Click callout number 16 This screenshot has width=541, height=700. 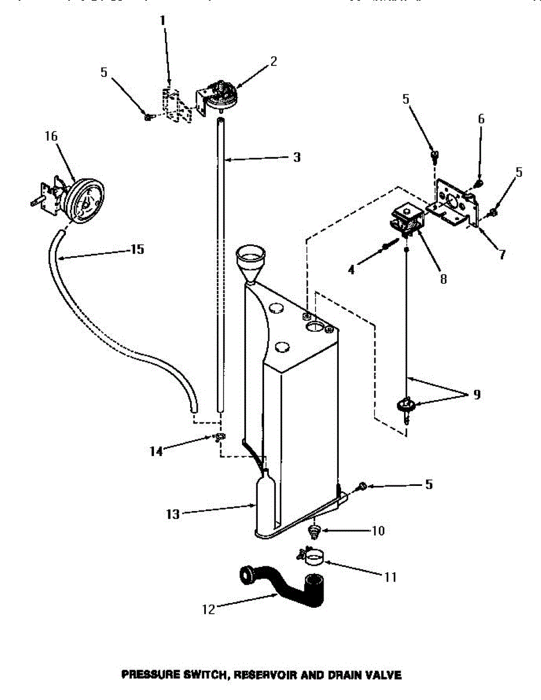click(x=51, y=136)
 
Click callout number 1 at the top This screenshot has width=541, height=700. click(x=163, y=20)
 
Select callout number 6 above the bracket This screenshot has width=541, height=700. click(x=481, y=118)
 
